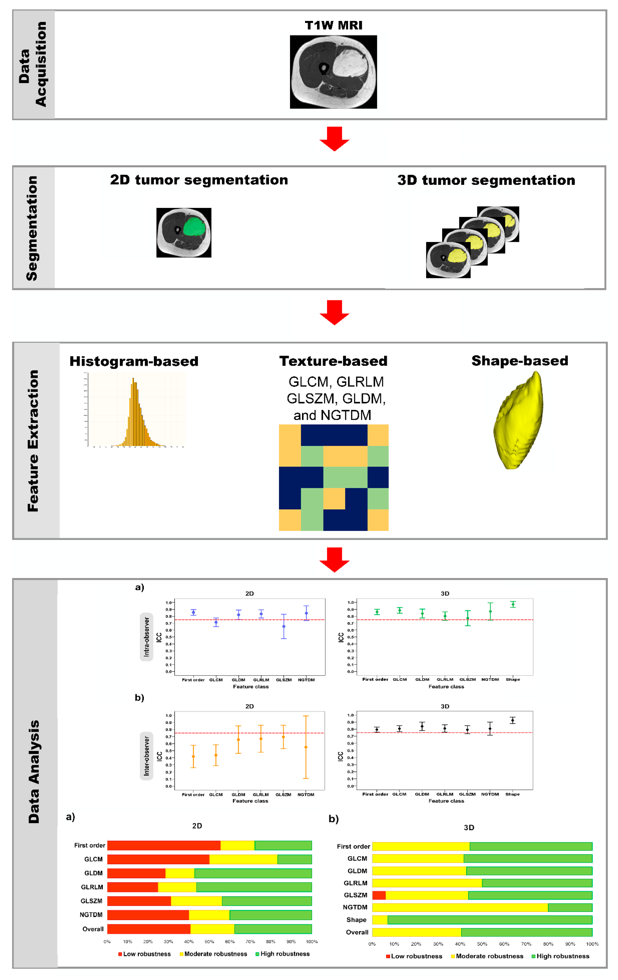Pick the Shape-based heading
(x=520, y=361)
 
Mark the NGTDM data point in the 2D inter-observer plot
(x=306, y=747)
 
